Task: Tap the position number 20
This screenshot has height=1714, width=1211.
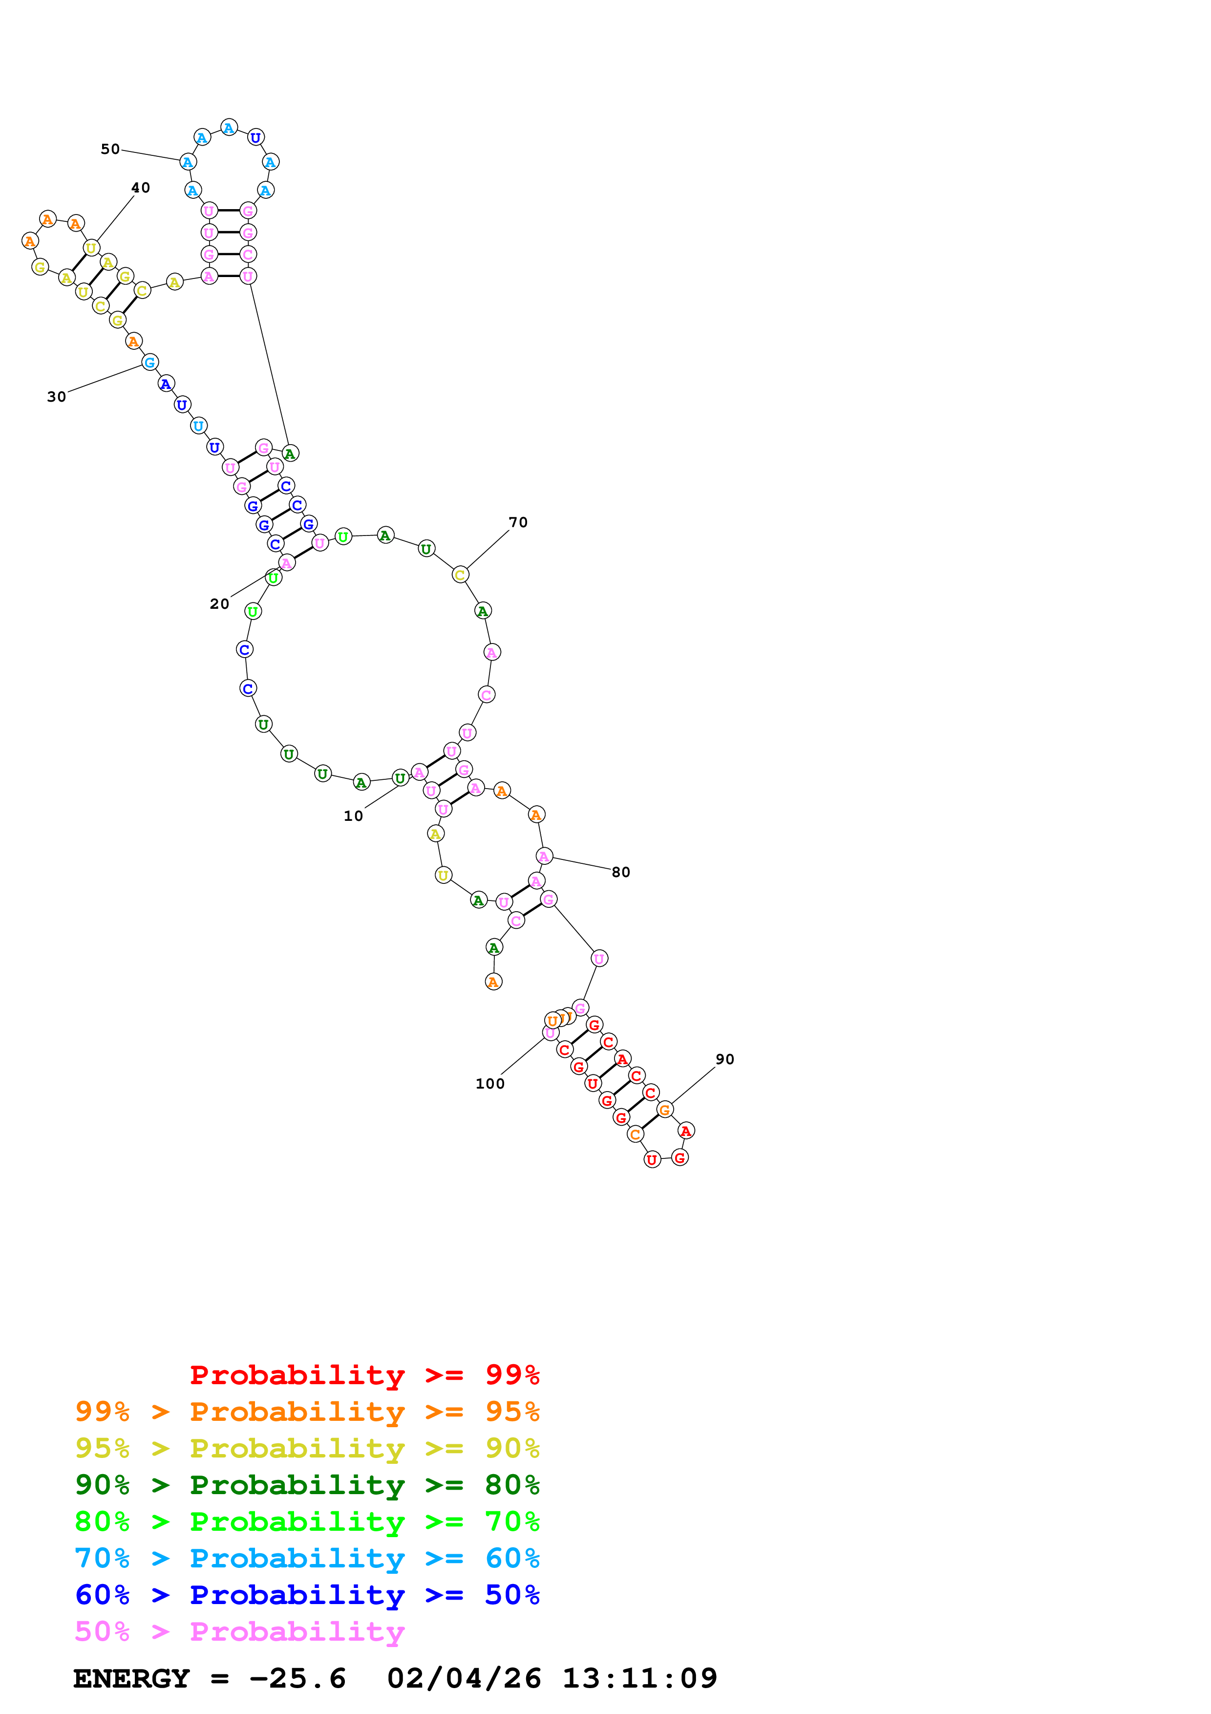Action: point(219,604)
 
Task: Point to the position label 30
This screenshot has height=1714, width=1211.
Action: point(57,397)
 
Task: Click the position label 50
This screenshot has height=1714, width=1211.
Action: point(110,150)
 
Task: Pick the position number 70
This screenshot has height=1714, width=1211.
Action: point(518,523)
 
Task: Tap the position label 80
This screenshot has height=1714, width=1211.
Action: point(621,872)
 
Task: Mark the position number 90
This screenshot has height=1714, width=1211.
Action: point(724,1059)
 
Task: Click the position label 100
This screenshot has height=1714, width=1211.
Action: point(490,1084)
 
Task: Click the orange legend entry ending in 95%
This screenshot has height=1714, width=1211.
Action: point(307,1412)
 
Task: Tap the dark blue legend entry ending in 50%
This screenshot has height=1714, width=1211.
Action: point(307,1595)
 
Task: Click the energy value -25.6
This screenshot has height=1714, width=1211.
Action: point(297,1679)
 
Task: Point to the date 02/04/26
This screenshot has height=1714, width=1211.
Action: point(464,1679)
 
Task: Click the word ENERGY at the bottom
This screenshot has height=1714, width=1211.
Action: point(131,1679)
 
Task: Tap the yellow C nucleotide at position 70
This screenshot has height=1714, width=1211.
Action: point(460,575)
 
